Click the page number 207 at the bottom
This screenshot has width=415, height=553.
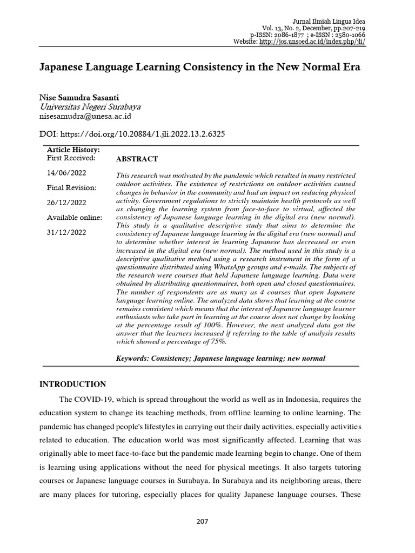click(207, 521)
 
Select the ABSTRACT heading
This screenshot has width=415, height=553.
click(137, 159)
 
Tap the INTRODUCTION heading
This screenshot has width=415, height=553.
click(73, 384)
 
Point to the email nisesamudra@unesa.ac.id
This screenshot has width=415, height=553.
click(86, 116)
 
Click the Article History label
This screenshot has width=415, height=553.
click(73, 150)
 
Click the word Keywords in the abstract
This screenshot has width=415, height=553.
click(133, 358)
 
